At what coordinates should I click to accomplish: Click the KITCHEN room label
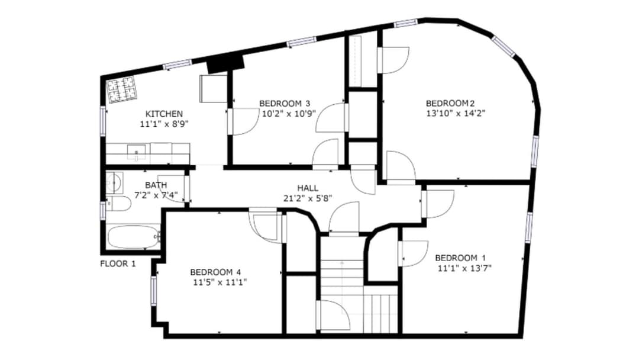click(x=164, y=114)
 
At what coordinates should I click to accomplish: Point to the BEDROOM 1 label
click(x=460, y=258)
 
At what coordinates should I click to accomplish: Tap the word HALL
click(x=308, y=188)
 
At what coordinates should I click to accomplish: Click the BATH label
click(x=156, y=185)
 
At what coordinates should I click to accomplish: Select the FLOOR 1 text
click(x=118, y=263)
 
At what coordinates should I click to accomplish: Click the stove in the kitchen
click(x=122, y=89)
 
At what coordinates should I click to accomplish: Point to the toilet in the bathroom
click(x=118, y=203)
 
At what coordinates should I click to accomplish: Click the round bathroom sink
click(x=115, y=182)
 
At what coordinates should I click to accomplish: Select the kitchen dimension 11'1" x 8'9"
click(x=164, y=124)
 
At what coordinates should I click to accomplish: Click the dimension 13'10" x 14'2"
click(x=456, y=113)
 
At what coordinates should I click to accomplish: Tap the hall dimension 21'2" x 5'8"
click(x=308, y=198)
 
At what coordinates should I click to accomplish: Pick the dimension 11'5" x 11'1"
click(x=220, y=282)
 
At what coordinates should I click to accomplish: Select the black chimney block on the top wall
click(x=225, y=65)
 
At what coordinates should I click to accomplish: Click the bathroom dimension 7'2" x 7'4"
click(x=156, y=195)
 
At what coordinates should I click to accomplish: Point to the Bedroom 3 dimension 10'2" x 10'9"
click(x=289, y=114)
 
